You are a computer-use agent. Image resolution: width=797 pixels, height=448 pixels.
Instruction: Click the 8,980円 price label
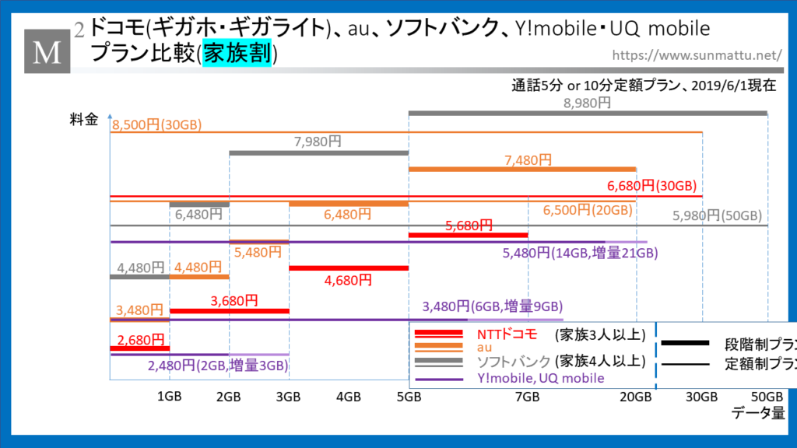(588, 103)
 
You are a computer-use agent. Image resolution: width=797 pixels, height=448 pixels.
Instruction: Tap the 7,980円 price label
(318, 142)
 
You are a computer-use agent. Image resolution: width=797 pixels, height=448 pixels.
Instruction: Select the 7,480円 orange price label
(528, 159)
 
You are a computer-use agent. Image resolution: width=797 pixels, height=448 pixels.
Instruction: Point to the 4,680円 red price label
(349, 280)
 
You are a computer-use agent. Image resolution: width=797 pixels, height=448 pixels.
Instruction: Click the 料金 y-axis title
(83, 120)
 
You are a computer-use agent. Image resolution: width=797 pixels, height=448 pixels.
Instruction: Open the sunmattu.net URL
(697, 55)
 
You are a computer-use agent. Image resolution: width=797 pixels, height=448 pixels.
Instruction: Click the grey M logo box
(47, 51)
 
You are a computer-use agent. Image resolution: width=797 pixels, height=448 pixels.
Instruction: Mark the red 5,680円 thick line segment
(468, 234)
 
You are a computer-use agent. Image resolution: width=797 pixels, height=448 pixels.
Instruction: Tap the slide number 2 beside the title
(80, 30)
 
